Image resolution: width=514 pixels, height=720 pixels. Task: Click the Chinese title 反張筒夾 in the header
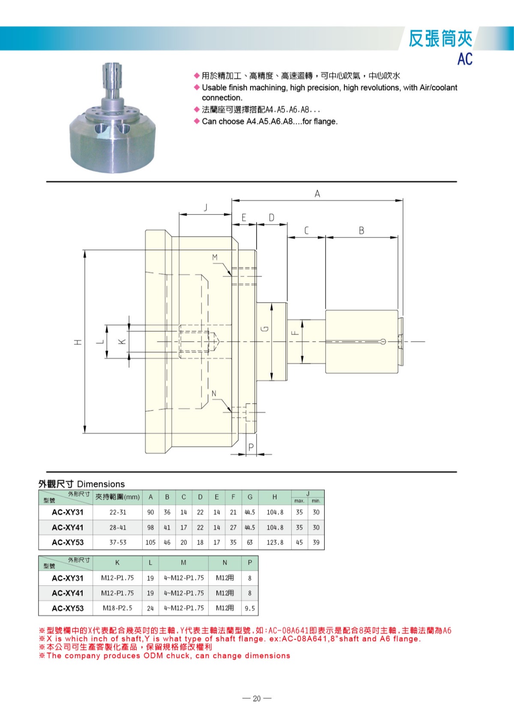[x=440, y=39]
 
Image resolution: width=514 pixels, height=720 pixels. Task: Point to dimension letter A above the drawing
[x=317, y=194]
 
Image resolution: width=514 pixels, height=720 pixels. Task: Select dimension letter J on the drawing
[x=206, y=208]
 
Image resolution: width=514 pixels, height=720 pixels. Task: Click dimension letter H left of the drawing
[x=78, y=342]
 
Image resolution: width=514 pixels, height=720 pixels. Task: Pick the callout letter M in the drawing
[x=215, y=257]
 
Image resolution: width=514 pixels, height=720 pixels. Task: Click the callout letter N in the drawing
[x=214, y=393]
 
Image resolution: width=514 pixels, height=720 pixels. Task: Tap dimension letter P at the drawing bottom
[x=251, y=447]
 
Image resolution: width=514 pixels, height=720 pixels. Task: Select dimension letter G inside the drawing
[x=265, y=329]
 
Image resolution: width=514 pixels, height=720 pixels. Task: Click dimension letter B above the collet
[x=362, y=231]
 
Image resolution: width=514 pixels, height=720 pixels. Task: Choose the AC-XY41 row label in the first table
[x=68, y=527]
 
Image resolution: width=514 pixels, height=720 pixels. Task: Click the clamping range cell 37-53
[x=118, y=542]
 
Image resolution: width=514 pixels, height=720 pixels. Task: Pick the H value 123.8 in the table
[x=275, y=542]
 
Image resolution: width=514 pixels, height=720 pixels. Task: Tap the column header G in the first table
[x=250, y=497]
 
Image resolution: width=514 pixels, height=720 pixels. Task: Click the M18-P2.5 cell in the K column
[x=117, y=608]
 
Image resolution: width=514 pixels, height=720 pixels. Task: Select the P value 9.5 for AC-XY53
[x=250, y=608]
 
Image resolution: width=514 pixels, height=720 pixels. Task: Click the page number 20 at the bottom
[x=257, y=698]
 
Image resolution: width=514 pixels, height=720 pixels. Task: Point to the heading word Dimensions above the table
[x=101, y=484]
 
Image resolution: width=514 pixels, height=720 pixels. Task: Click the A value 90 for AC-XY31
[x=150, y=512]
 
